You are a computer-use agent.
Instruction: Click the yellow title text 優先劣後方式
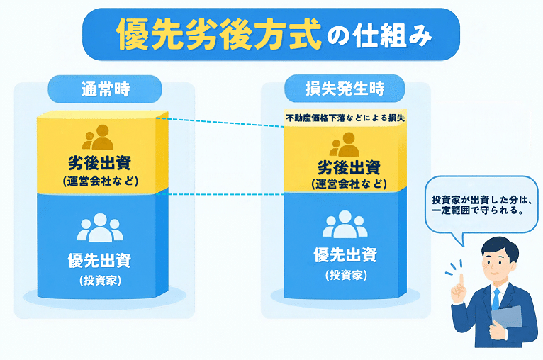[x=219, y=34]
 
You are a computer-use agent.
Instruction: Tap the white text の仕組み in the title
[x=379, y=35]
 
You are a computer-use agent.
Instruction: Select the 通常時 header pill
[x=105, y=89]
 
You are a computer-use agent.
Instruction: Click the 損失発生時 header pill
[x=345, y=89]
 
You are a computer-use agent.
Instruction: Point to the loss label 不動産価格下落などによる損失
[x=345, y=118]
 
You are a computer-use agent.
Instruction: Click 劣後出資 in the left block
[x=100, y=163]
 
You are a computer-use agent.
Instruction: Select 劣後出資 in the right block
[x=349, y=168]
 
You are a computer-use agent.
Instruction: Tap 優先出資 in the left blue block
[x=100, y=260]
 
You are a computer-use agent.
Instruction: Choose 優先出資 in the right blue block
[x=345, y=255]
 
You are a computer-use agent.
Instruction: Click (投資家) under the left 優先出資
[x=100, y=281]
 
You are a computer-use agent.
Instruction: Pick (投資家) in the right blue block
[x=346, y=275]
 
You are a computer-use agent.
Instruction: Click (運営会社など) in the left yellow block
[x=101, y=181]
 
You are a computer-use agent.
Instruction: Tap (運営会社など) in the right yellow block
[x=349, y=184]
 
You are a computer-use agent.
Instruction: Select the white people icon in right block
[x=345, y=224]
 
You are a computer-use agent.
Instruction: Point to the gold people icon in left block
[x=98, y=137]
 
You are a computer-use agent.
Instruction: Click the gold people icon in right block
[x=345, y=145]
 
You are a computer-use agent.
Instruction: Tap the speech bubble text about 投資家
[x=481, y=205]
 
